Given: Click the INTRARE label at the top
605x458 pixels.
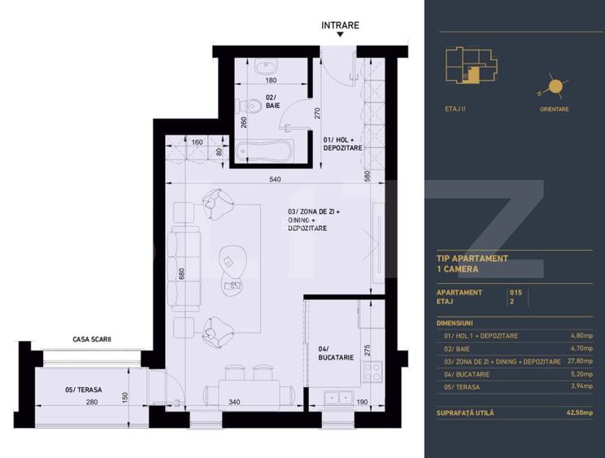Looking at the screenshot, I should coord(340,25).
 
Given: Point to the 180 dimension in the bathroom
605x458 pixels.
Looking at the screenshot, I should coord(271,81).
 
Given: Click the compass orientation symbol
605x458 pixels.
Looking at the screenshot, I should coord(554,86).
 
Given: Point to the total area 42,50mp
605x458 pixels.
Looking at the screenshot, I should coord(580,412).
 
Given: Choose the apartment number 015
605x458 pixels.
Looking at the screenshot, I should coord(516,292).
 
